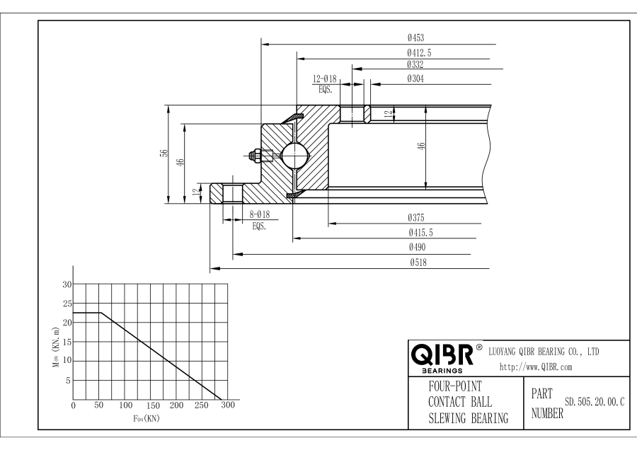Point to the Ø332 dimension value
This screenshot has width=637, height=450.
(x=415, y=64)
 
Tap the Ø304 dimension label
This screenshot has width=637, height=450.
(x=415, y=79)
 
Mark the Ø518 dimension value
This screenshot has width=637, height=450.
(x=415, y=262)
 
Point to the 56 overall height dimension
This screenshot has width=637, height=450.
(x=164, y=154)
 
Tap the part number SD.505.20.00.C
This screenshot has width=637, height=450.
(x=594, y=402)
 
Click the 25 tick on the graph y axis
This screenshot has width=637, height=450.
(x=68, y=304)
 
